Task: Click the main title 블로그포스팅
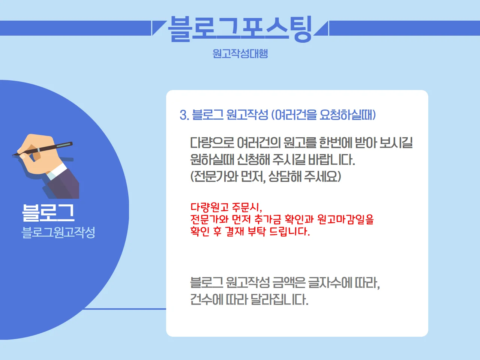click(240, 28)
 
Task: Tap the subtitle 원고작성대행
click(240, 53)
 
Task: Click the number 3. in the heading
click(184, 115)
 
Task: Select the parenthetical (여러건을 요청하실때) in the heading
click(323, 115)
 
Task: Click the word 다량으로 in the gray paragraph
click(212, 143)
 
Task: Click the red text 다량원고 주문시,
click(226, 207)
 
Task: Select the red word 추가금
click(268, 219)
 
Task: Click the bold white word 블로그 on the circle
click(48, 213)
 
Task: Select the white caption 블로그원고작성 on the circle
click(58, 232)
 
